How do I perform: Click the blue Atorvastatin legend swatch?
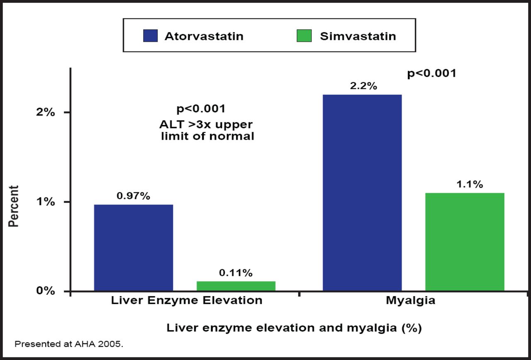click(x=150, y=36)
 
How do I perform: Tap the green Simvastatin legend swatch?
click(x=304, y=36)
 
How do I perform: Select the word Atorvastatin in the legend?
click(x=204, y=36)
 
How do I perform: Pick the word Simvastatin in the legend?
click(x=358, y=36)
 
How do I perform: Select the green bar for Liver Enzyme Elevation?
click(x=236, y=286)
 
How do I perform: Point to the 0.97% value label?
click(x=133, y=196)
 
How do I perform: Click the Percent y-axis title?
click(x=14, y=206)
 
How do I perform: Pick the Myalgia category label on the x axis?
click(x=411, y=301)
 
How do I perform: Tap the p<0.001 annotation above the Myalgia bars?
click(x=432, y=73)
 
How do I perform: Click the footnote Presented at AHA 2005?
click(x=69, y=344)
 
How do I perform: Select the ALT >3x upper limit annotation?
click(x=207, y=131)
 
